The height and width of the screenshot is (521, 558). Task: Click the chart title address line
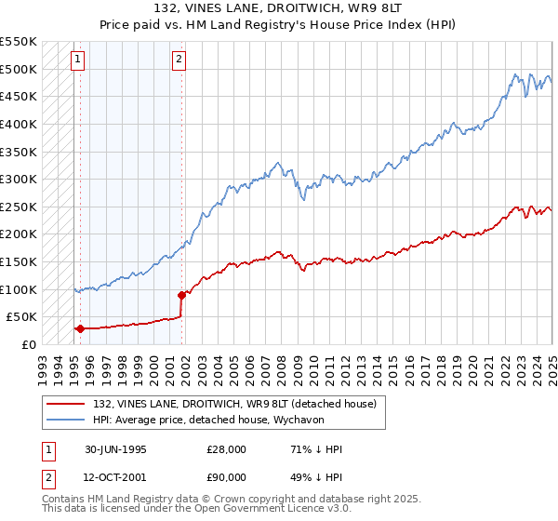[278, 9]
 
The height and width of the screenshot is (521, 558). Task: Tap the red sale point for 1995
[81, 328]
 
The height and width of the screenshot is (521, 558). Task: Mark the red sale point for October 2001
[181, 295]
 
